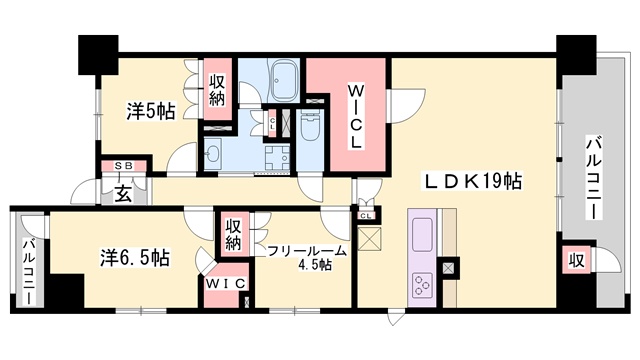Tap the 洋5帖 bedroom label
(150, 110)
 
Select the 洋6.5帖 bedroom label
(134, 257)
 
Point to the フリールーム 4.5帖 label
(306, 257)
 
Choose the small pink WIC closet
(226, 284)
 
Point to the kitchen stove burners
(419, 283)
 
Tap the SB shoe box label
(124, 165)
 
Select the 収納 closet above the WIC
(233, 236)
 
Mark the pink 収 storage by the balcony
(576, 261)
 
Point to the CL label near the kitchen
(366, 214)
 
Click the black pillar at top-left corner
(97, 51)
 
